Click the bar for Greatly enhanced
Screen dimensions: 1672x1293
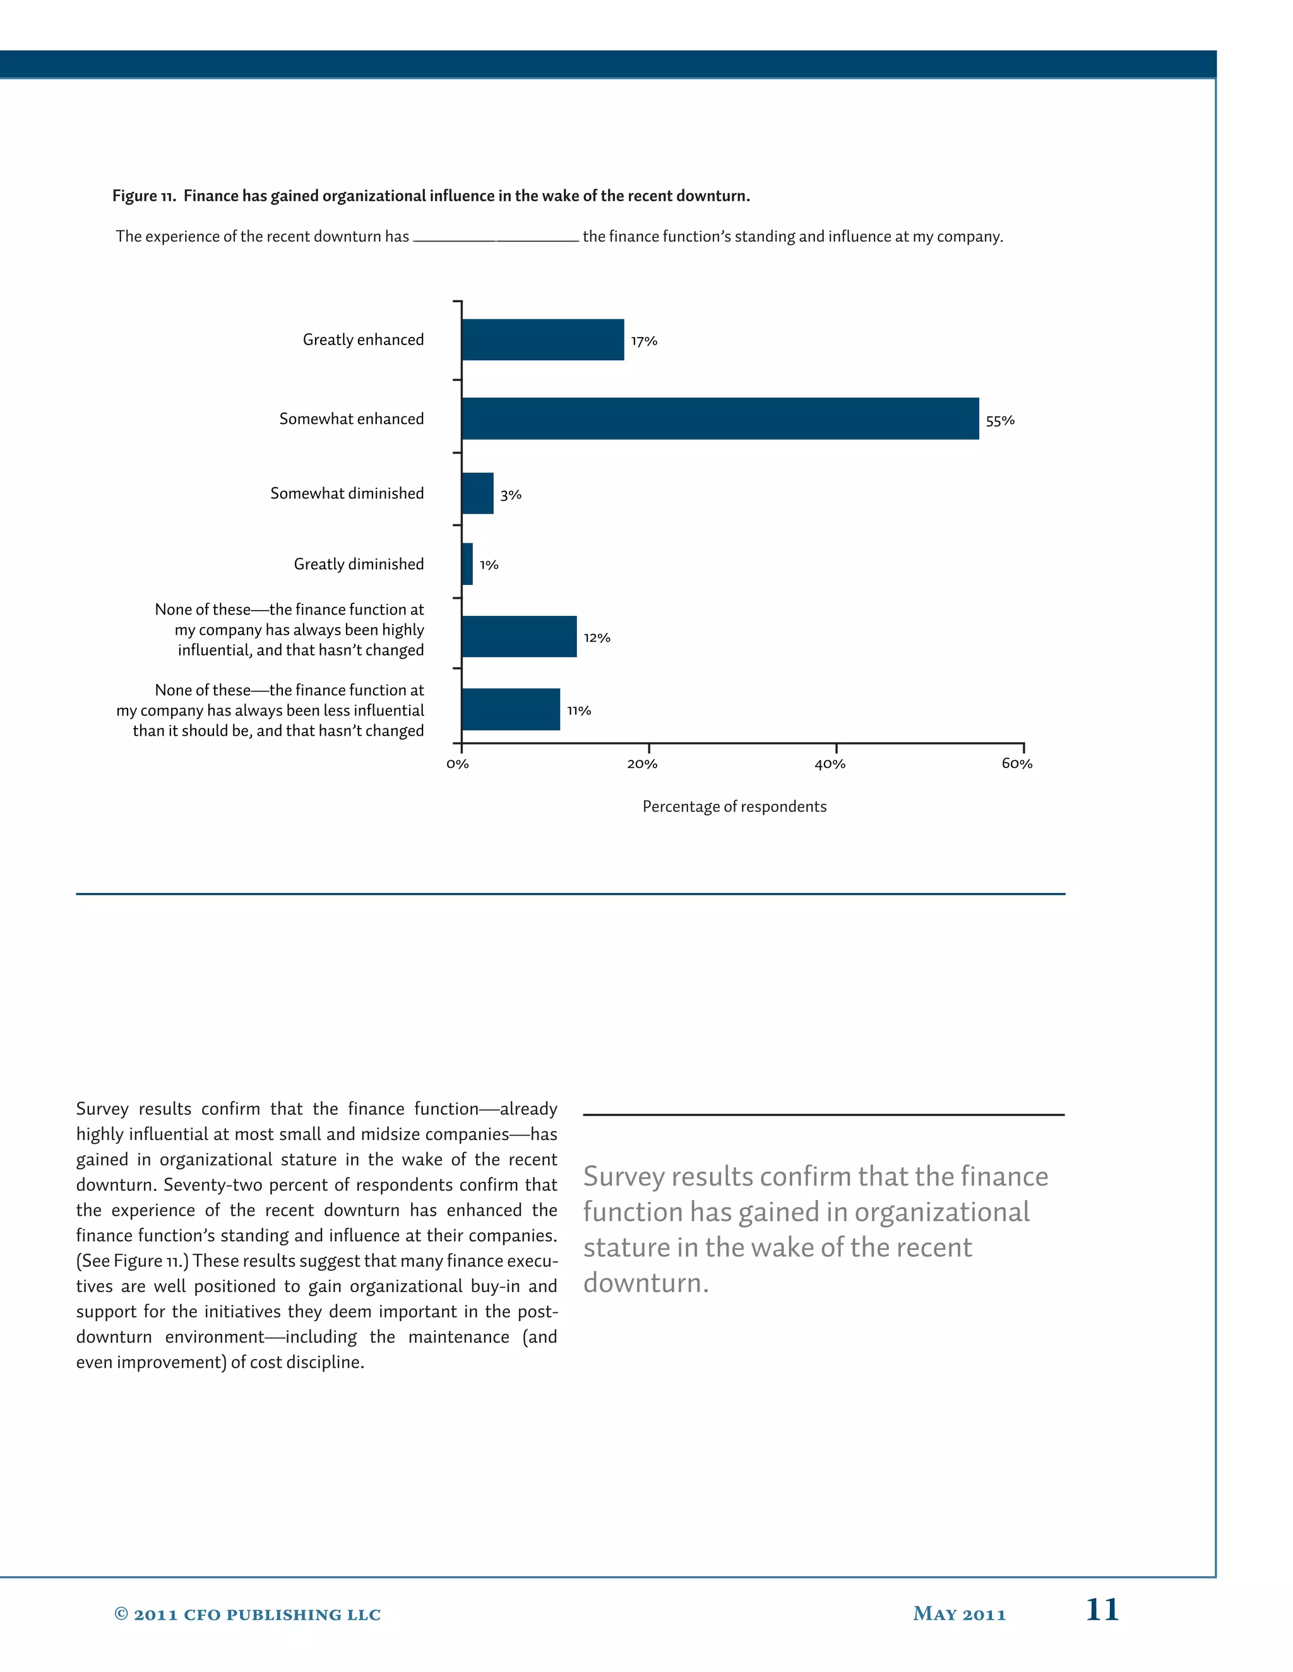pyautogui.click(x=542, y=340)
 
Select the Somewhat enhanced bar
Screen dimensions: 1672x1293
pyautogui.click(x=720, y=419)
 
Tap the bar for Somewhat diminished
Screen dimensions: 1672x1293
pyautogui.click(x=478, y=494)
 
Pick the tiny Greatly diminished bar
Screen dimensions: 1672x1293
pyautogui.click(x=467, y=564)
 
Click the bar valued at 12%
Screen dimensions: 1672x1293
pyautogui.click(x=520, y=637)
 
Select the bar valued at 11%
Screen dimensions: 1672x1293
pyautogui.click(x=511, y=710)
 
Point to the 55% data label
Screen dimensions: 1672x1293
pyautogui.click(x=999, y=420)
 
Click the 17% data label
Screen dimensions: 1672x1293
pyautogui.click(x=644, y=341)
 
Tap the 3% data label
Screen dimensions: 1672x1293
pyautogui.click(x=511, y=495)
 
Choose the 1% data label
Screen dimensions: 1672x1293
pyautogui.click(x=489, y=565)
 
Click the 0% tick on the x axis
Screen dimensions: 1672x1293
pyautogui.click(x=457, y=764)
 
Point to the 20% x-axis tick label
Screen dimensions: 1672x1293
pyautogui.click(x=642, y=764)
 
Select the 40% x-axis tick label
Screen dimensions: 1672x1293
pyautogui.click(x=830, y=764)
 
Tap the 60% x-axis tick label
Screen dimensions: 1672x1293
pyautogui.click(x=1016, y=764)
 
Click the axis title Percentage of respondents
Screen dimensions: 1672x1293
pyautogui.click(x=734, y=807)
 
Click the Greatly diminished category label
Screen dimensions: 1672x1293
pyautogui.click(x=359, y=564)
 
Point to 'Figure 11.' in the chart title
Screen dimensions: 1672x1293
pyautogui.click(x=144, y=196)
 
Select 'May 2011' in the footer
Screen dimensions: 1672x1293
pyautogui.click(x=959, y=1614)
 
